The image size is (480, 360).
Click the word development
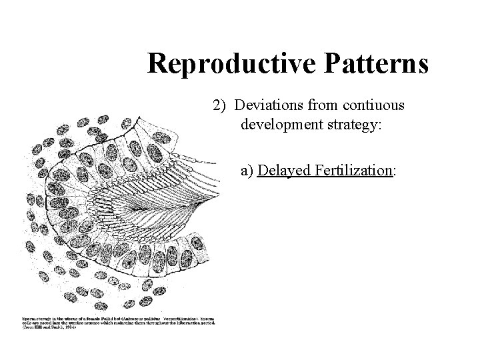(280, 125)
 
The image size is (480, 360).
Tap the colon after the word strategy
(378, 126)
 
